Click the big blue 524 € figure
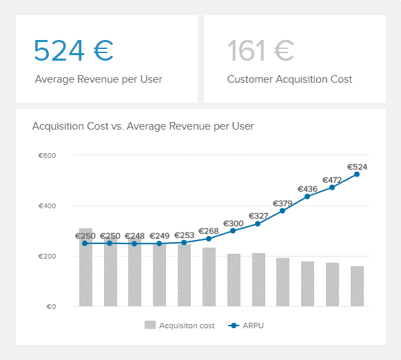point(74,50)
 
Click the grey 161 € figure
point(260,50)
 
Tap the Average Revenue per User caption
point(99,79)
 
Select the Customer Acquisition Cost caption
point(289,79)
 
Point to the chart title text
point(143,126)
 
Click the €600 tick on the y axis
point(47,155)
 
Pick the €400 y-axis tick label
point(47,206)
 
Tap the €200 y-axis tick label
point(47,256)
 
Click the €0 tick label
point(51,306)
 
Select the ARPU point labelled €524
point(357,174)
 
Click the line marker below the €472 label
point(332,188)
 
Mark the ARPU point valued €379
point(282,211)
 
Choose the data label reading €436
point(307,189)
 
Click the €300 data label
point(234,223)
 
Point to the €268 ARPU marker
point(209,239)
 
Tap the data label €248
point(134,236)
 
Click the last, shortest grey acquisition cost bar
point(357,286)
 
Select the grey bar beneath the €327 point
point(258,279)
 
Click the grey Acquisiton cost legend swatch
point(150,325)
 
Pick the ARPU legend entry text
point(253,326)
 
